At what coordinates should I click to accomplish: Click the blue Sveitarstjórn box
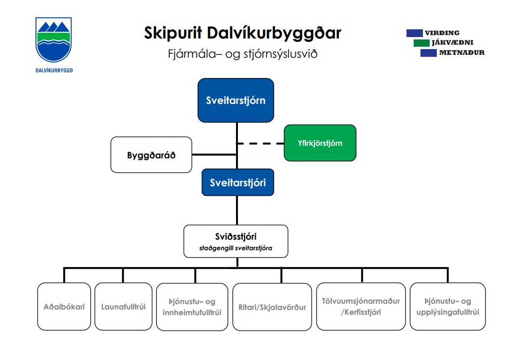click(x=236, y=100)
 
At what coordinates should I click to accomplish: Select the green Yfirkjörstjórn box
click(x=320, y=143)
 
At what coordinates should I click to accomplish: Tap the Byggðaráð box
click(x=151, y=155)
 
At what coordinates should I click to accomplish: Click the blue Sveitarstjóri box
click(x=237, y=182)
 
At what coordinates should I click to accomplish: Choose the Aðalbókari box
click(x=64, y=307)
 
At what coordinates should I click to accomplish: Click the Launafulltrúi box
click(x=123, y=307)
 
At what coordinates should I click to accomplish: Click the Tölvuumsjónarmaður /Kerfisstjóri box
click(x=361, y=307)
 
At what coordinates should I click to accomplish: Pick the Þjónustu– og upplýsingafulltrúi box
click(x=447, y=307)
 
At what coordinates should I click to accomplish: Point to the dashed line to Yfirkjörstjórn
click(x=260, y=143)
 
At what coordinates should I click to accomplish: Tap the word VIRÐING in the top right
click(x=442, y=33)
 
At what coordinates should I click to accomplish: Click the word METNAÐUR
click(x=461, y=53)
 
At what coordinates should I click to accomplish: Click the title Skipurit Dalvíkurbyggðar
click(x=242, y=33)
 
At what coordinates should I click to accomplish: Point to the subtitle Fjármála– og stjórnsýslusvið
click(x=239, y=54)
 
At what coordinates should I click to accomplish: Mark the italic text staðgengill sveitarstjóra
click(x=236, y=249)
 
